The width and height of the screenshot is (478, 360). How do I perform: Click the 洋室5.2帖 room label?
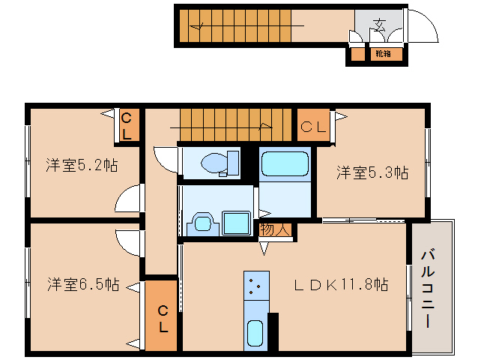(81, 165)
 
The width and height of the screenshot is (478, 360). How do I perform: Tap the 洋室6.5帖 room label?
(82, 285)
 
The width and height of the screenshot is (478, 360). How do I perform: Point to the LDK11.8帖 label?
(340, 285)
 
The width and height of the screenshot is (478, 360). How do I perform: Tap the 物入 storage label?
(275, 229)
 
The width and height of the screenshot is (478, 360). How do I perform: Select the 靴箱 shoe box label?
(383, 53)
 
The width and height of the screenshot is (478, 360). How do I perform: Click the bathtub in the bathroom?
(285, 163)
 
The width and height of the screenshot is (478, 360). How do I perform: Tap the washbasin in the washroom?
(201, 223)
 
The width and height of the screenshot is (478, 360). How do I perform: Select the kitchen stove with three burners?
(255, 285)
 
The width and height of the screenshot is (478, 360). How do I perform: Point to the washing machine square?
(238, 223)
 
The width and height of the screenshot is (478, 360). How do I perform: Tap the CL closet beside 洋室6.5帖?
(162, 318)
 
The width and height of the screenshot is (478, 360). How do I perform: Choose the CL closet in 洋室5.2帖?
(127, 126)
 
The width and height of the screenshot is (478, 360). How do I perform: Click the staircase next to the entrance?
(240, 25)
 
